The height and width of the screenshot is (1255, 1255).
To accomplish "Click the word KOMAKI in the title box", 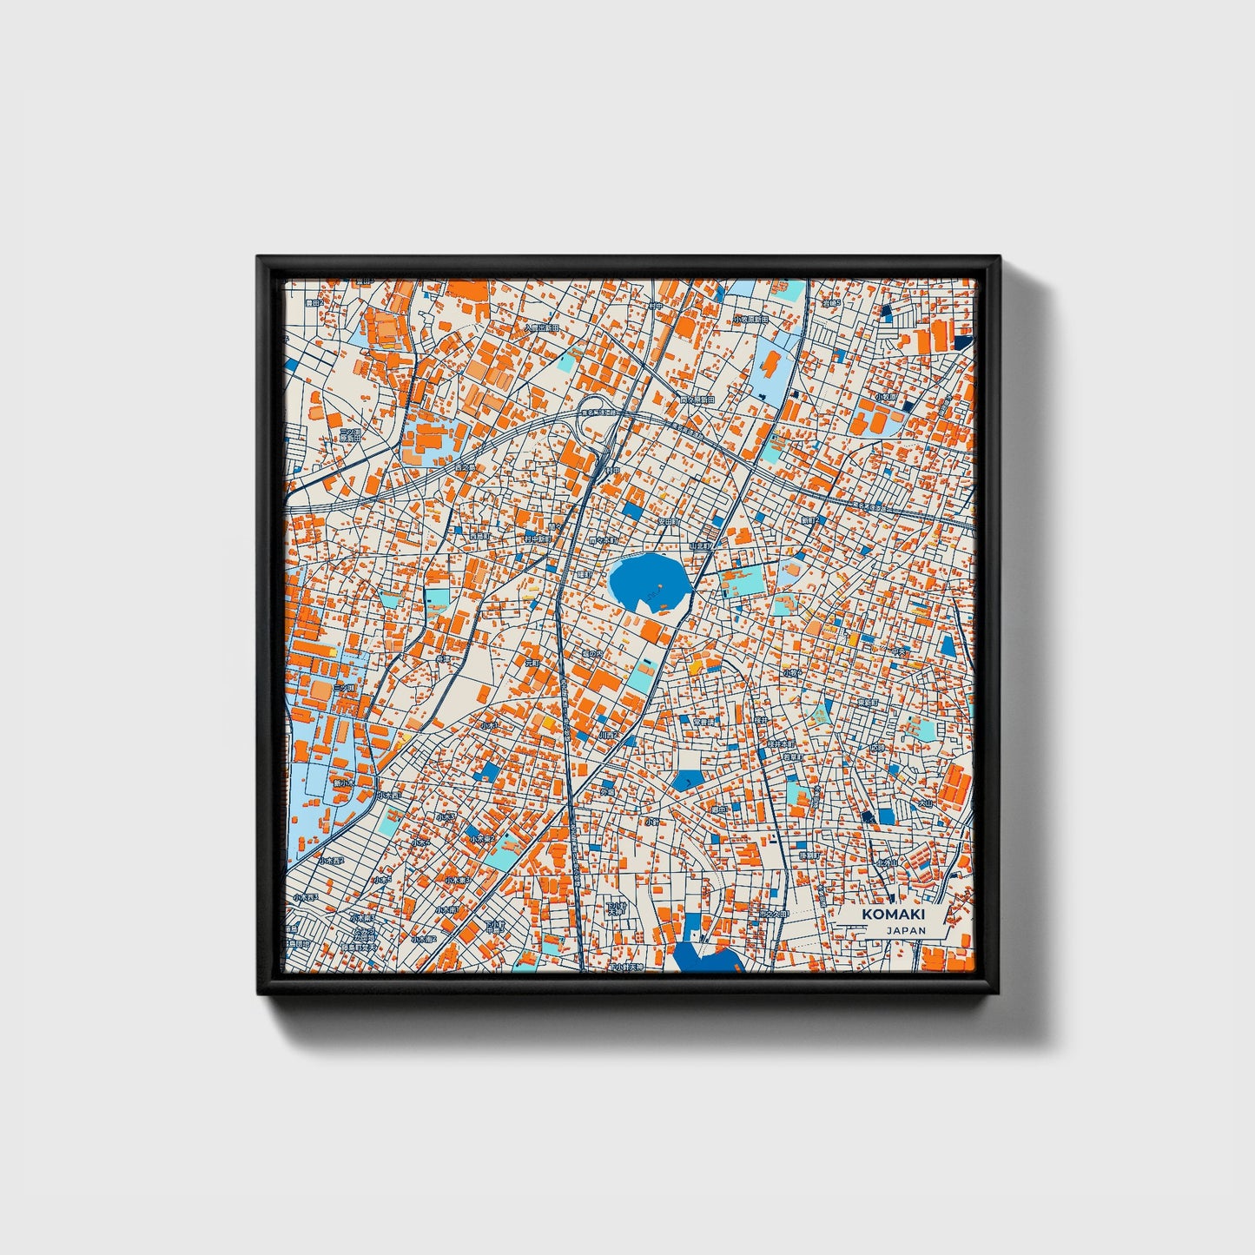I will click(x=893, y=915).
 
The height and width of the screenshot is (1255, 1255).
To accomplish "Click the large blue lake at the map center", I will click(x=648, y=581).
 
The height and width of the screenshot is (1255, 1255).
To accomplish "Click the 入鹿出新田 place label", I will click(x=540, y=328).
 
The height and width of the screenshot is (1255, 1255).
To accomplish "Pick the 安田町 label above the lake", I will click(x=666, y=522).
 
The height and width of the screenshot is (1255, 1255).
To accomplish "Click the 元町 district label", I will click(x=532, y=662).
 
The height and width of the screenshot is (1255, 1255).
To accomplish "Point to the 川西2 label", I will click(x=608, y=735).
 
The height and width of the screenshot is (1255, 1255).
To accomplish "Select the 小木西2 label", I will click(x=330, y=861).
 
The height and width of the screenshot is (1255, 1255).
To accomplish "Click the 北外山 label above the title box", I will click(x=886, y=862).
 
